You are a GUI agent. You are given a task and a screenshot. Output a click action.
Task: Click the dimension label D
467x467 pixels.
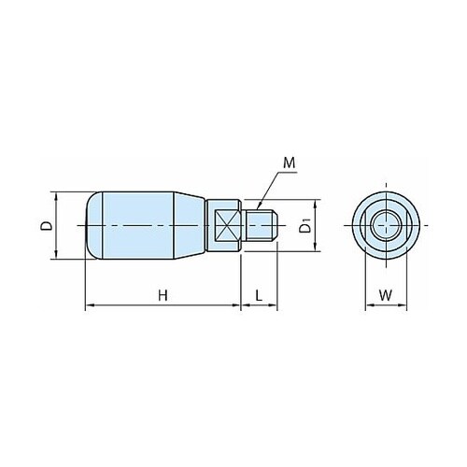(x=47, y=226)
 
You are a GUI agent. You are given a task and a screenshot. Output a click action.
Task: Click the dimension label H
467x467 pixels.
(x=163, y=295)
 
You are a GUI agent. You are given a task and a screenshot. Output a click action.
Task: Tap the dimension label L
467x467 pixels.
(x=259, y=295)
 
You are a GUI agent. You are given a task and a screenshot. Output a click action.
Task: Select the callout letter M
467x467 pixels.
(x=290, y=163)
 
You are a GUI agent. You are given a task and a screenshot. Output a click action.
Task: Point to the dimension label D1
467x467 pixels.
(x=305, y=226)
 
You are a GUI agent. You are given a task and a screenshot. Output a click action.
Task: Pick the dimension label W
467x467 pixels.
(x=386, y=295)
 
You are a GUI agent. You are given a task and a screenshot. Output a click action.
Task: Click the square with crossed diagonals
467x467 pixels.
(x=228, y=226)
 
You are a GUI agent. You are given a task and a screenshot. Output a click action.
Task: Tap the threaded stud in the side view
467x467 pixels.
(x=260, y=226)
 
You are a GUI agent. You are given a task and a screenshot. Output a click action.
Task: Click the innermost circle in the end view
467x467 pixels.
(x=386, y=225)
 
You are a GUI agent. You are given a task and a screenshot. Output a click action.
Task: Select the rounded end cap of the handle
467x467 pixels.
(x=94, y=225)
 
